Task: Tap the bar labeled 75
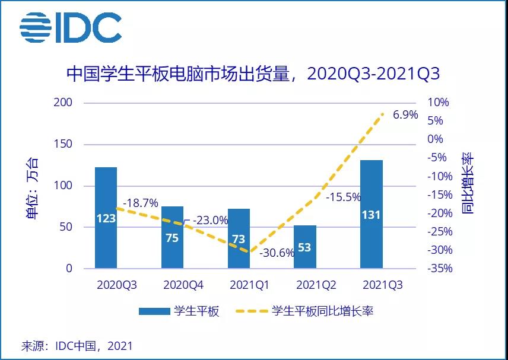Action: [173, 237]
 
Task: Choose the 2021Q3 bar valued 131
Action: [371, 214]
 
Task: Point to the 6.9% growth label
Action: [405, 115]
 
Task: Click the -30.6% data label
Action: [277, 253]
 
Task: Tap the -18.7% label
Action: [141, 203]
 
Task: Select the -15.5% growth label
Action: [343, 196]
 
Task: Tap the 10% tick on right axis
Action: [438, 103]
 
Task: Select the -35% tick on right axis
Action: [439, 269]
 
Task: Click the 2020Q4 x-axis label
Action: [183, 285]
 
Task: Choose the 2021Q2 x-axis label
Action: [316, 285]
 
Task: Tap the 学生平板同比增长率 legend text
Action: [322, 311]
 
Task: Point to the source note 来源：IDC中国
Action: [77, 345]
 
